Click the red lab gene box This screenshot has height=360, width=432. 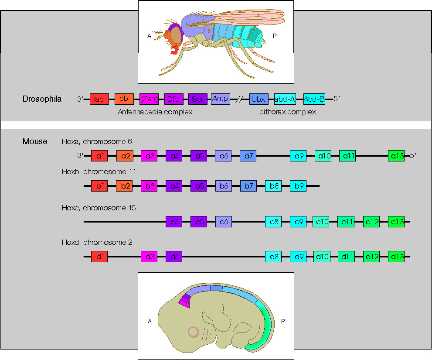pyautogui.click(x=99, y=99)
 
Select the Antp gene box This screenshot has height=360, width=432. pyautogui.click(x=220, y=99)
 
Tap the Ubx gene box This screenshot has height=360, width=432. pyautogui.click(x=258, y=99)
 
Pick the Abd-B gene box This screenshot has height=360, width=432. pyautogui.click(x=314, y=99)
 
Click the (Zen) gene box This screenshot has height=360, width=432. pyautogui.click(x=148, y=99)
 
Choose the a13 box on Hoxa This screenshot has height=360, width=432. pyautogui.click(x=396, y=155)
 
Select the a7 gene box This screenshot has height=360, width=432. pyautogui.click(x=248, y=155)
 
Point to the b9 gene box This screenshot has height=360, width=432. pyautogui.click(x=298, y=186)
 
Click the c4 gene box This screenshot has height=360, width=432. pyautogui.click(x=174, y=222)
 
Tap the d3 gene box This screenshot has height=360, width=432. pyautogui.click(x=149, y=257)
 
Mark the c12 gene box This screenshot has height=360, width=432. pyautogui.click(x=371, y=222)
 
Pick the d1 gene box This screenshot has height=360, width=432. pyautogui.click(x=99, y=257)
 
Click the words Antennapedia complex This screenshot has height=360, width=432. pyautogui.click(x=155, y=112)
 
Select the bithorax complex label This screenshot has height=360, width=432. pyautogui.click(x=287, y=112)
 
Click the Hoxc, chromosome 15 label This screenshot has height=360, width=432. pyautogui.click(x=99, y=208)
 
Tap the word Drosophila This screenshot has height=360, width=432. pyautogui.click(x=42, y=99)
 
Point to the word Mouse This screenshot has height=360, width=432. pyautogui.click(x=35, y=141)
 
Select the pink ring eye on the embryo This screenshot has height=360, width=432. pyautogui.click(x=194, y=333)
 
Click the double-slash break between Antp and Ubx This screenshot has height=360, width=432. pyautogui.click(x=239, y=99)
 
